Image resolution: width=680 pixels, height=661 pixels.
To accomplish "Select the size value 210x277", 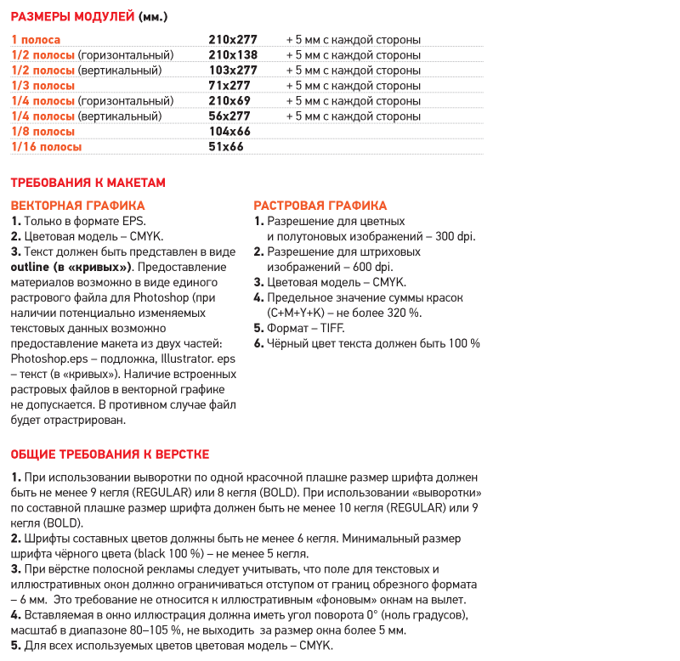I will tap(233, 40).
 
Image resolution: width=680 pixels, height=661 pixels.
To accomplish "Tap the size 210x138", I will tap(233, 55).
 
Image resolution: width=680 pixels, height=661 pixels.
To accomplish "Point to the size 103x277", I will tap(233, 71).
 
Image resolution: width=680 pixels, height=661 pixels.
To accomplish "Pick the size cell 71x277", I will tap(229, 86).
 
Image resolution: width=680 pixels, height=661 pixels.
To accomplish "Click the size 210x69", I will tap(229, 101).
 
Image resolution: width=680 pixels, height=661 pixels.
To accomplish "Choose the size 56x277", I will tap(229, 116).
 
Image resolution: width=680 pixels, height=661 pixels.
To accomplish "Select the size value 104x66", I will tap(229, 132).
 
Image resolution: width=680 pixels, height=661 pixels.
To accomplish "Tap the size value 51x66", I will tap(226, 147).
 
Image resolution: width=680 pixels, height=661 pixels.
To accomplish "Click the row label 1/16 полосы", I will tap(47, 147).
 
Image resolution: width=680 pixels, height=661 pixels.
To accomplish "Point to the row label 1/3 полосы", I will tap(42, 86).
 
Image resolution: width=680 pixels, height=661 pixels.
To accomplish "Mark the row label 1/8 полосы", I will tap(42, 132).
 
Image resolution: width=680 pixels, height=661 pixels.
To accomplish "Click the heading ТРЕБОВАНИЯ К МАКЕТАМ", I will tap(88, 183).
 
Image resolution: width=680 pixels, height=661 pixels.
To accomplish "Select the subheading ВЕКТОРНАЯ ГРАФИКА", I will tap(77, 206).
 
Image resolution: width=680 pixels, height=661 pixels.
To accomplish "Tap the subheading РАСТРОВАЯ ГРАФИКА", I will tap(320, 206).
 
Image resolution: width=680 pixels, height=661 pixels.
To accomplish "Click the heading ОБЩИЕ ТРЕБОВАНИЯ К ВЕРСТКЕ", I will tap(110, 455).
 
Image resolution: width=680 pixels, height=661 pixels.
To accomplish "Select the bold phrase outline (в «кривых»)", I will tap(71, 267).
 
